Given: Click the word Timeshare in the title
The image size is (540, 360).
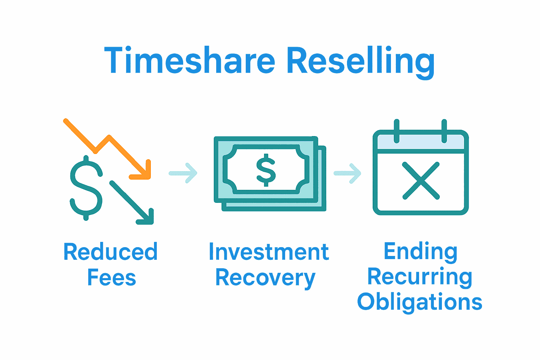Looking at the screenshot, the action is pyautogui.click(x=189, y=60).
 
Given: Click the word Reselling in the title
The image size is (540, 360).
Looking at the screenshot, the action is pyautogui.click(x=361, y=62).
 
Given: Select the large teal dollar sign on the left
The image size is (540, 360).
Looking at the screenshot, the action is pyautogui.click(x=86, y=188).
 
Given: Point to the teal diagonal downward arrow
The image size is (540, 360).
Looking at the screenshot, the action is pyautogui.click(x=131, y=202).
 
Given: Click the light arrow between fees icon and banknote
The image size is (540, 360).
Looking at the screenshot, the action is pyautogui.click(x=183, y=173).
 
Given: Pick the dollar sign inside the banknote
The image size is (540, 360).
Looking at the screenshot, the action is pyautogui.click(x=266, y=170).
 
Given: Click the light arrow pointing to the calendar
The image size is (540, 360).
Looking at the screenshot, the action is pyautogui.click(x=347, y=173).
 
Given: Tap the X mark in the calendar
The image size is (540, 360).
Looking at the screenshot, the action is pyautogui.click(x=421, y=181).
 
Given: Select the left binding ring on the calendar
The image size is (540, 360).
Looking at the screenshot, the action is pyautogui.click(x=397, y=131).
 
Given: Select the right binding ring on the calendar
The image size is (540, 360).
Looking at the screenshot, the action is pyautogui.click(x=444, y=131).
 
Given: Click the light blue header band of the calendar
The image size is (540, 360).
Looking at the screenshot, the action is pyautogui.click(x=421, y=142).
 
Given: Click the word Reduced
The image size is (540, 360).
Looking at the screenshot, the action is pyautogui.click(x=110, y=251).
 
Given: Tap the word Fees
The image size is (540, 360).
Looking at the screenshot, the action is pyautogui.click(x=111, y=277).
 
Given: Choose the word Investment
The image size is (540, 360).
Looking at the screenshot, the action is pyautogui.click(x=269, y=252).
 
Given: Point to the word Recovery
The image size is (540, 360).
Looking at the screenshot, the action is pyautogui.click(x=265, y=278).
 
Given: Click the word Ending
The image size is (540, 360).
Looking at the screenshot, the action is pyautogui.click(x=420, y=252).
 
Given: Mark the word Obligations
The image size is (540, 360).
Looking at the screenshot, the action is pyautogui.click(x=420, y=302).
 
